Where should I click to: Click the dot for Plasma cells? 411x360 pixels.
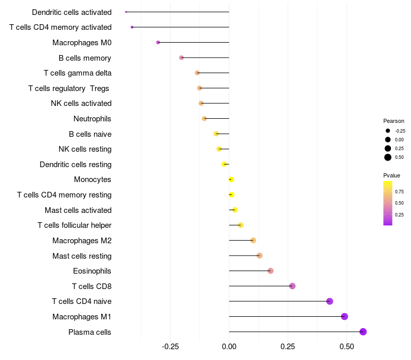point(363,332)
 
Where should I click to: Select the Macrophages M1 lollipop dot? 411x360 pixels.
point(344,316)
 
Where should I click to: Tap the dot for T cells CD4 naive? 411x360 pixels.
point(330,301)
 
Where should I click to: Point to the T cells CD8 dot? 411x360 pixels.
point(292,286)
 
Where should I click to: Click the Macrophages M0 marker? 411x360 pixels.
point(158,42)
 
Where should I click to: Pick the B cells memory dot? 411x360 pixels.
point(181,58)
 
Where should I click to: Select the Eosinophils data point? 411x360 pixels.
point(271,271)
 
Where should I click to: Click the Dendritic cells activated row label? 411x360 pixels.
point(71,12)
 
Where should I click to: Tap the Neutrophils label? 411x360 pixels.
point(92,119)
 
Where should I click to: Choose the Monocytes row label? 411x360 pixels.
point(92,179)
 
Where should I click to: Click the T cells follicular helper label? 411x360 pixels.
point(74,225)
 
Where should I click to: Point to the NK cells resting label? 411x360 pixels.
point(85,149)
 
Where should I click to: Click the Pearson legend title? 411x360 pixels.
point(394,121)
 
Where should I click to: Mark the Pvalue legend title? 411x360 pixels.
point(392,175)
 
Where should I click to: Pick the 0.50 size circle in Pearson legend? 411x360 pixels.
point(388,157)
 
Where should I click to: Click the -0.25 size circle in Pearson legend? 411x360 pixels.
point(388,131)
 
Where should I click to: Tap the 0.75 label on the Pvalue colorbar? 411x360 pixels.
point(399,191)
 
